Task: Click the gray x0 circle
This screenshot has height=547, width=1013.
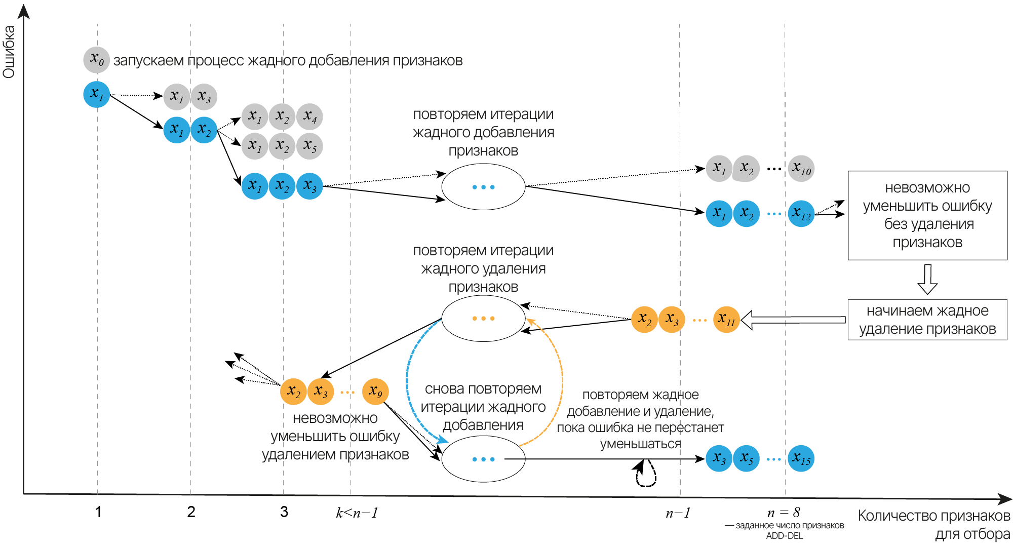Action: (x=96, y=60)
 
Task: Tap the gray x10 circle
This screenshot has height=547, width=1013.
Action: (x=801, y=168)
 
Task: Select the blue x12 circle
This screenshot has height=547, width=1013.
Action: (x=801, y=213)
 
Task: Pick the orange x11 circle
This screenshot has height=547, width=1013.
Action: (x=726, y=320)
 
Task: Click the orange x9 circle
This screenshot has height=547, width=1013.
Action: (x=375, y=391)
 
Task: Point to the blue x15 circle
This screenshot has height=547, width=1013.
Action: (x=801, y=459)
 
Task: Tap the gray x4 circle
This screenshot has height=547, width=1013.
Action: (x=309, y=117)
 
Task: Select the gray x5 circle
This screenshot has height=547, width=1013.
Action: (x=309, y=146)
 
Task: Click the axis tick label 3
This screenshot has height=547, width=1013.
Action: (x=284, y=512)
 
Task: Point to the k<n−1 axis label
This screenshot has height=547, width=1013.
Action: (x=357, y=513)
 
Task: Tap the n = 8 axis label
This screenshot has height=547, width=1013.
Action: (x=784, y=513)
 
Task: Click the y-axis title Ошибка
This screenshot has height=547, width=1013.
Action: (x=9, y=52)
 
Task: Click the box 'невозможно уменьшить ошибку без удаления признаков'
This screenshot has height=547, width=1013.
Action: (x=927, y=215)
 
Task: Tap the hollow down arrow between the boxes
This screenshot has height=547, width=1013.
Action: (x=927, y=279)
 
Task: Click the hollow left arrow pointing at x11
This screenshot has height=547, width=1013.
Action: (x=793, y=320)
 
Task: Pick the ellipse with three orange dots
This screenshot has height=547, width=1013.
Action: (x=483, y=319)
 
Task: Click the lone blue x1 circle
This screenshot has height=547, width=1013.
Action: (x=96, y=94)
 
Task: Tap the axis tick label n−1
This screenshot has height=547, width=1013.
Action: (x=678, y=513)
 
